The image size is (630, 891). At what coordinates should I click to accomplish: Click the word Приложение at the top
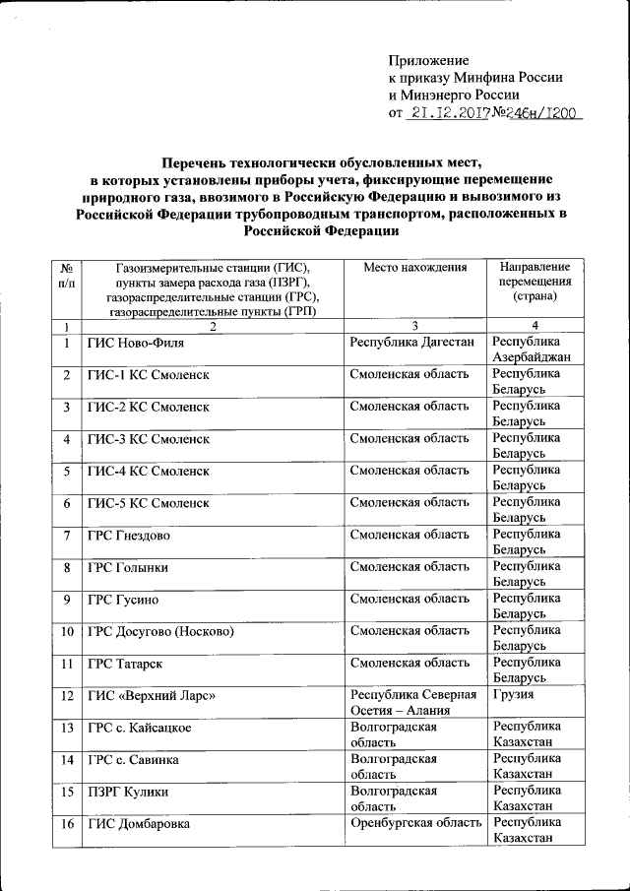[429, 61]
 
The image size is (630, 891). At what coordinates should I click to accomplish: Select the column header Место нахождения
[413, 268]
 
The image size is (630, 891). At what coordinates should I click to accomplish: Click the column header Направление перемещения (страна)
[535, 282]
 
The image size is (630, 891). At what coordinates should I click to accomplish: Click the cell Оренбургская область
[413, 823]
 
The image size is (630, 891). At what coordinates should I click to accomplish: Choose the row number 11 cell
[66, 664]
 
